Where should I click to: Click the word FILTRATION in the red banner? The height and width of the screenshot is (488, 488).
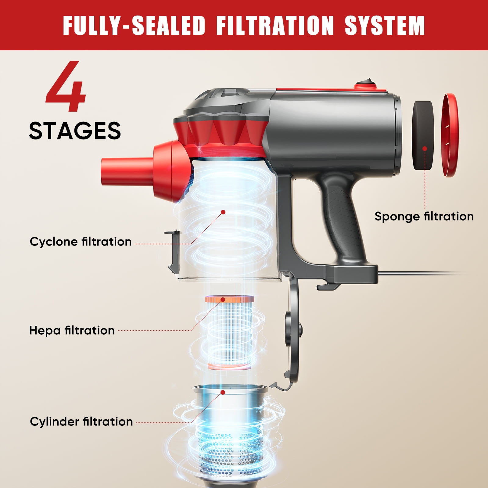tap(275, 25)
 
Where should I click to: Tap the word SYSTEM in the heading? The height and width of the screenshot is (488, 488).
tap(385, 25)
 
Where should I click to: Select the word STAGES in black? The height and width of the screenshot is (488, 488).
tap(75, 131)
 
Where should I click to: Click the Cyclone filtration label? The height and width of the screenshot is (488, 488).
tap(81, 242)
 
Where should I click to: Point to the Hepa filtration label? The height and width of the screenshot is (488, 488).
tap(72, 330)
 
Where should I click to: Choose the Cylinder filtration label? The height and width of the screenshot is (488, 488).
tap(81, 422)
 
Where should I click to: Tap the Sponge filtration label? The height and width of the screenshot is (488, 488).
tap(424, 216)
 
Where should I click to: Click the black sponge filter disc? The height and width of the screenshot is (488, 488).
tap(423, 136)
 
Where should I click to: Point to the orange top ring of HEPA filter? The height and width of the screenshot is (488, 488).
tap(229, 299)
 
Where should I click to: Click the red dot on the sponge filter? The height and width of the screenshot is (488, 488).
tap(425, 149)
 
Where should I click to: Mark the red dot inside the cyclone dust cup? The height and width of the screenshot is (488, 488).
tap(223, 212)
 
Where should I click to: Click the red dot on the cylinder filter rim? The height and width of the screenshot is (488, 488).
tap(223, 392)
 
